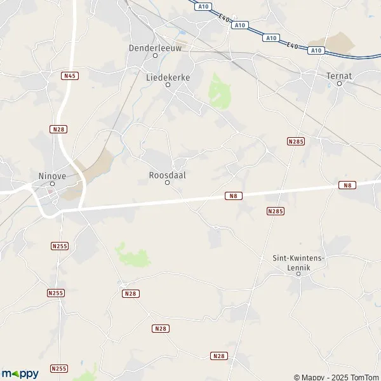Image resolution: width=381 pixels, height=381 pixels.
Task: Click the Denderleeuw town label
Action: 155,47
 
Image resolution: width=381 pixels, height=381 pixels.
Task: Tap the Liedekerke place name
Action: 168,76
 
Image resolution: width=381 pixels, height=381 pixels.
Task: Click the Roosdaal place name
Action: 168,174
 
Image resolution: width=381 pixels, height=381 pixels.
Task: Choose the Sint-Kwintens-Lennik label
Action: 298,263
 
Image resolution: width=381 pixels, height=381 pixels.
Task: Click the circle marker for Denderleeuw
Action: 155,55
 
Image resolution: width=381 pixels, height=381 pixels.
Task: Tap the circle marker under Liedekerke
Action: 168,84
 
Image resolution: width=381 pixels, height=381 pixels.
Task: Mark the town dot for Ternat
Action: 339,83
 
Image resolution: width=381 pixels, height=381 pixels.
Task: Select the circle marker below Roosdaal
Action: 168,183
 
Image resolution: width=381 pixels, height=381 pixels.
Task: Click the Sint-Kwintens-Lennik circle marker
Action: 298,274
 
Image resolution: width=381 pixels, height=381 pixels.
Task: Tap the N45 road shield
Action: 70,76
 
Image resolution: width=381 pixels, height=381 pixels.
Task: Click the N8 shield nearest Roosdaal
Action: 234,196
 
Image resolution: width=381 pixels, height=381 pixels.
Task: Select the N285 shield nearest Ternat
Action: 295,141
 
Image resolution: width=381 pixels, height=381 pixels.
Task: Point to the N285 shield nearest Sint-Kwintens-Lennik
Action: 275,211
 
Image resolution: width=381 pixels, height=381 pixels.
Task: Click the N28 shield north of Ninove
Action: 58,129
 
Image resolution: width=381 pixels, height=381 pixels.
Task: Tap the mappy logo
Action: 20,373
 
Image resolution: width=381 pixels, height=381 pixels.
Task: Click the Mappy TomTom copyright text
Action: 336,377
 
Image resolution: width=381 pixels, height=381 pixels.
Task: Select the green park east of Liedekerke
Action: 220,92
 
